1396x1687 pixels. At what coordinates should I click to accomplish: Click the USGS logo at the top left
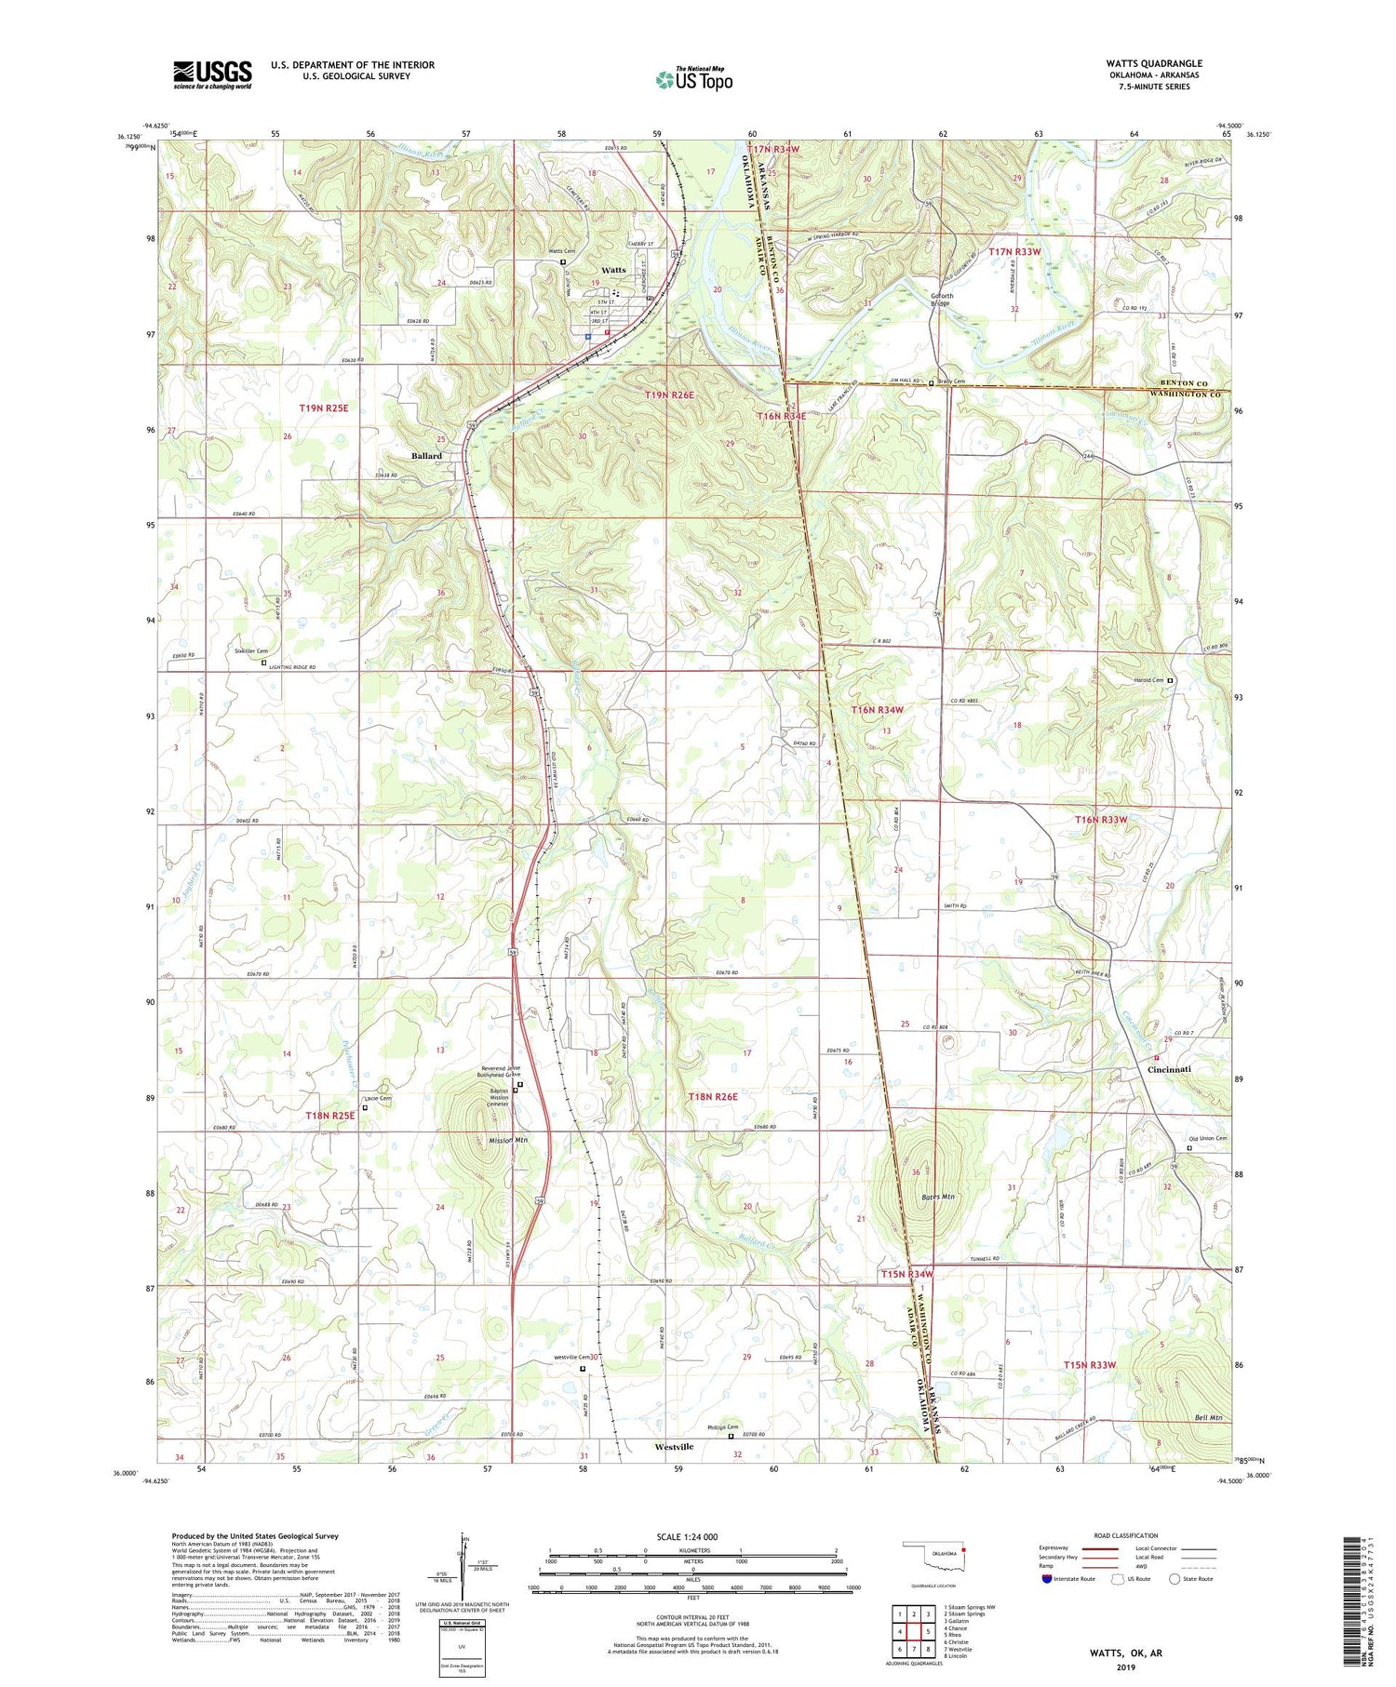[x=212, y=74]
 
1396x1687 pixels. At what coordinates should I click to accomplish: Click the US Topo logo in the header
[x=693, y=79]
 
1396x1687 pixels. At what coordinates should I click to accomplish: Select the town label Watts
[x=614, y=270]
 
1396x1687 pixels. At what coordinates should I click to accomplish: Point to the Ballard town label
[x=426, y=456]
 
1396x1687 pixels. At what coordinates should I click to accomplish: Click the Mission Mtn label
[x=508, y=1139]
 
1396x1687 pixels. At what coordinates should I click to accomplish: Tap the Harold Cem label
[x=1149, y=680]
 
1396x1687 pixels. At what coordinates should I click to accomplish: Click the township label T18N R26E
[x=713, y=1097]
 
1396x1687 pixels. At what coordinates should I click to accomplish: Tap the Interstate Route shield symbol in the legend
[x=1049, y=1579]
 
